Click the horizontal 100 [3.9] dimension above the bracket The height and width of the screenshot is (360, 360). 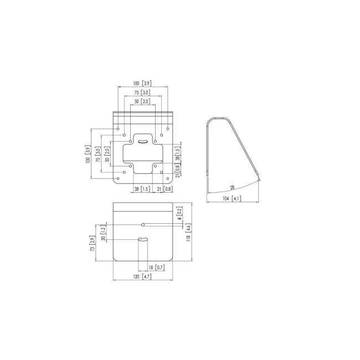tap(142, 83)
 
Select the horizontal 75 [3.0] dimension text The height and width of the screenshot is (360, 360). tap(142, 92)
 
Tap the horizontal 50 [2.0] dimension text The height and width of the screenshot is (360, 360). tap(142, 102)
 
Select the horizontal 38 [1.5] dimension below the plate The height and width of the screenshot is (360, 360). tap(141, 189)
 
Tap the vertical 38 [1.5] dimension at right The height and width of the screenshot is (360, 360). tap(177, 154)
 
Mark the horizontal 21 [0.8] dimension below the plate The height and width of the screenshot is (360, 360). tap(164, 189)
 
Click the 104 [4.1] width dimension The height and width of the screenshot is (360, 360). tap(233, 198)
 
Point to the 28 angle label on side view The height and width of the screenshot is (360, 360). tap(231, 188)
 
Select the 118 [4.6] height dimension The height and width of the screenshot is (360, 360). tap(188, 232)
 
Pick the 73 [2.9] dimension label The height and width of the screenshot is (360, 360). tap(92, 244)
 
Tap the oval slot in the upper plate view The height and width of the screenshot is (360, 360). tap(143, 142)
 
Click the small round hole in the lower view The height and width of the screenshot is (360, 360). tap(143, 225)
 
